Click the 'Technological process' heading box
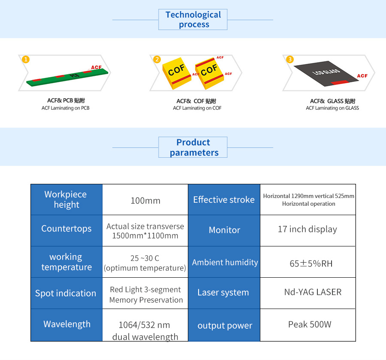pos(193,19)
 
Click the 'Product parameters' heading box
pos(193,147)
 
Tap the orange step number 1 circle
pos(26,59)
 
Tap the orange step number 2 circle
pos(157,59)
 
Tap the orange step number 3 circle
pos(290,59)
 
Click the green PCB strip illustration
pos(67,77)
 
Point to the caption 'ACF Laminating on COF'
pos(197,108)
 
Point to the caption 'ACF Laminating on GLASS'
pos(332,108)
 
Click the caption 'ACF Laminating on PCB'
pos(66,108)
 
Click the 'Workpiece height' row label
pos(66,200)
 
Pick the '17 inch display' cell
pos(308,231)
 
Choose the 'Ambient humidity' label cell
pos(224,262)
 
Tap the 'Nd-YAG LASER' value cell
pos(308,293)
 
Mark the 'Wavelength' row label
pos(66,325)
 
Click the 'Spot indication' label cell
pos(66,293)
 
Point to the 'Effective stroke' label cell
pos(224,200)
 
